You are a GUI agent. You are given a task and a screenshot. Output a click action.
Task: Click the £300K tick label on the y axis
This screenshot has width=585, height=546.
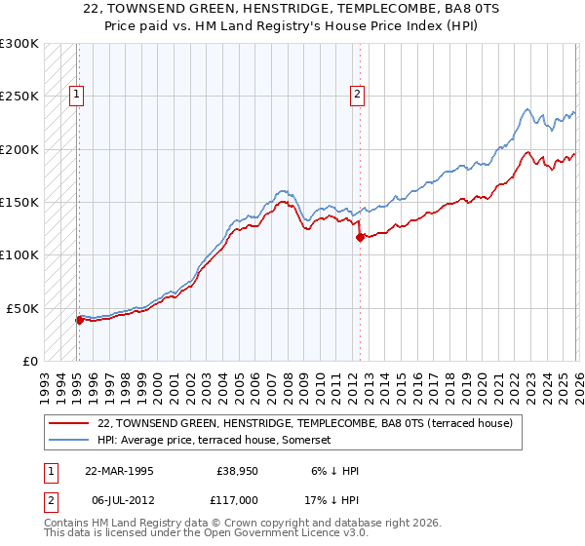coord(19,44)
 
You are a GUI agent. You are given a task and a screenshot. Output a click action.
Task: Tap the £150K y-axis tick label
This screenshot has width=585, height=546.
coord(19,203)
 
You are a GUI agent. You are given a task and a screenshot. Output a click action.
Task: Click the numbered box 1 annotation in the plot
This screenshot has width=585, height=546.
coord(76,95)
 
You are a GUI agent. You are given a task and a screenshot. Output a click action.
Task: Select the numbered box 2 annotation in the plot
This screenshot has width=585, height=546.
coord(358,95)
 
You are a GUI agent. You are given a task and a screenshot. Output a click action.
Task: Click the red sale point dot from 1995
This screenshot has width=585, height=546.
coord(79,320)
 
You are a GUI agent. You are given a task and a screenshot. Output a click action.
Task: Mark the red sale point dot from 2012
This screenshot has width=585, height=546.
coord(360,237)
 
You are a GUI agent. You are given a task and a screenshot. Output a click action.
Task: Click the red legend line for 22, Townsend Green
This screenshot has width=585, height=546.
coord(69,423)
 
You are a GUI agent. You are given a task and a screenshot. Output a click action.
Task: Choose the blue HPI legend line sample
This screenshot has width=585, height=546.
coord(69,440)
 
